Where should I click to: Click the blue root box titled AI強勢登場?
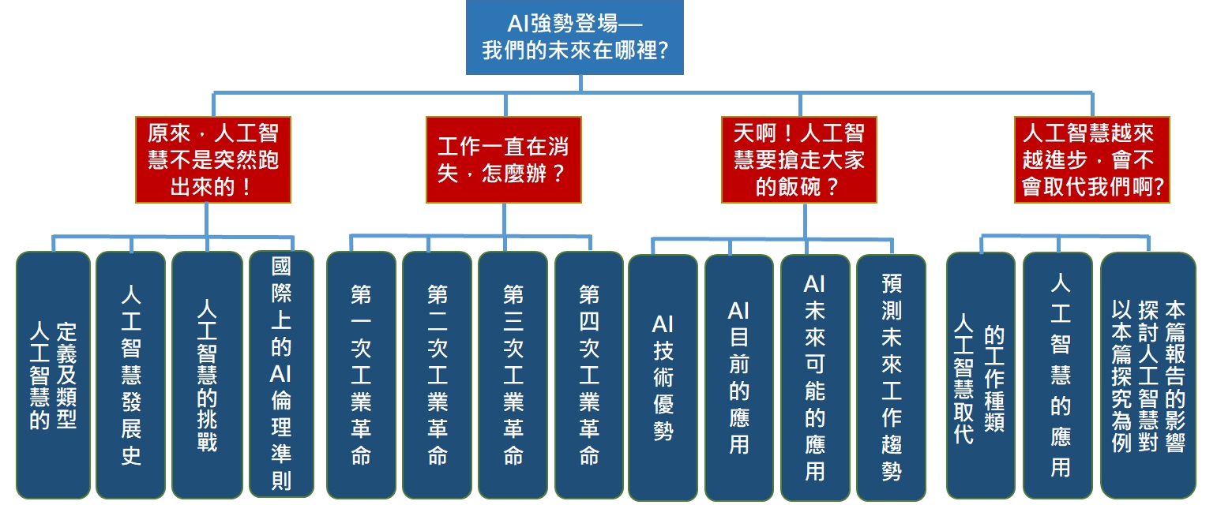[574, 37]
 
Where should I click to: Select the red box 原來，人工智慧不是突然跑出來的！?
[213, 159]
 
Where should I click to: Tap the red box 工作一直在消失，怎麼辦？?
[504, 159]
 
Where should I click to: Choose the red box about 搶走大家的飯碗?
[798, 159]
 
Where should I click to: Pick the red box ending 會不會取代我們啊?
[1092, 159]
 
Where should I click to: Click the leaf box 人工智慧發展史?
[131, 375]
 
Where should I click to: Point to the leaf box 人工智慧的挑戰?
[207, 375]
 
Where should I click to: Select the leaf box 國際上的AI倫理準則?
[281, 374]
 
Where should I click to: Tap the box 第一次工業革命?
[361, 375]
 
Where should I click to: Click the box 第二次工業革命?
[438, 375]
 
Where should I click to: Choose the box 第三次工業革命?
[513, 375]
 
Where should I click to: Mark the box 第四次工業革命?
[589, 375]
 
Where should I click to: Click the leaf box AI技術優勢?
[663, 378]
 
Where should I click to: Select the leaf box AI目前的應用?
[739, 378]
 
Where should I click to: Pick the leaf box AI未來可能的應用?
[815, 378]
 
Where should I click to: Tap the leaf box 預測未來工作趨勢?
[891, 378]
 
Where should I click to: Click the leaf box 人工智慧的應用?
[1057, 376]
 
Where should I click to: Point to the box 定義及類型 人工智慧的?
[53, 375]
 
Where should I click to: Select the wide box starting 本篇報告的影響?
[1148, 376]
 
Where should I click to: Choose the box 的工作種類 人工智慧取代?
[981, 376]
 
